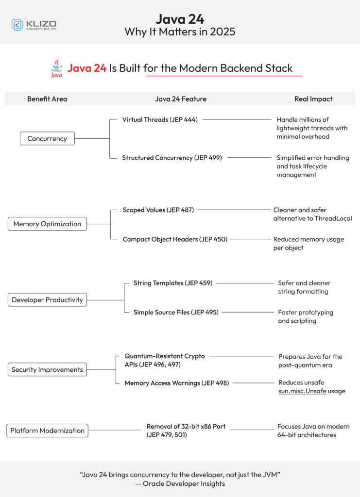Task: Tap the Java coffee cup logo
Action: pyautogui.click(x=57, y=68)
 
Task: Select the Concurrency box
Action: pyautogui.click(x=47, y=139)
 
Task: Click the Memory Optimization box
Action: pyautogui.click(x=47, y=224)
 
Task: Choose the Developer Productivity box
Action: pyautogui.click(x=47, y=300)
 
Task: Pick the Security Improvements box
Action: pyautogui.click(x=47, y=370)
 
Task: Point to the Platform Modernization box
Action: pyautogui.click(x=47, y=431)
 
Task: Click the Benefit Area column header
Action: pyautogui.click(x=47, y=99)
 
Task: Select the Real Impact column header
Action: pyautogui.click(x=313, y=99)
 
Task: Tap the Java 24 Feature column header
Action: pyautogui.click(x=181, y=99)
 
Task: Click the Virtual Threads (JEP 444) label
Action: pyautogui.click(x=160, y=119)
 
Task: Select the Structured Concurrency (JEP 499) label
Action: pyautogui.click(x=172, y=158)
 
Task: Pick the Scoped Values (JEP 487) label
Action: pyautogui.click(x=158, y=210)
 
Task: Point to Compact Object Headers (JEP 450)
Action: pyautogui.click(x=175, y=239)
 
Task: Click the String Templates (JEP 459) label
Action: pyautogui.click(x=172, y=283)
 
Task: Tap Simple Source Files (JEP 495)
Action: pyautogui.click(x=176, y=312)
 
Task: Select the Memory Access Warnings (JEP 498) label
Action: pyautogui.click(x=176, y=383)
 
